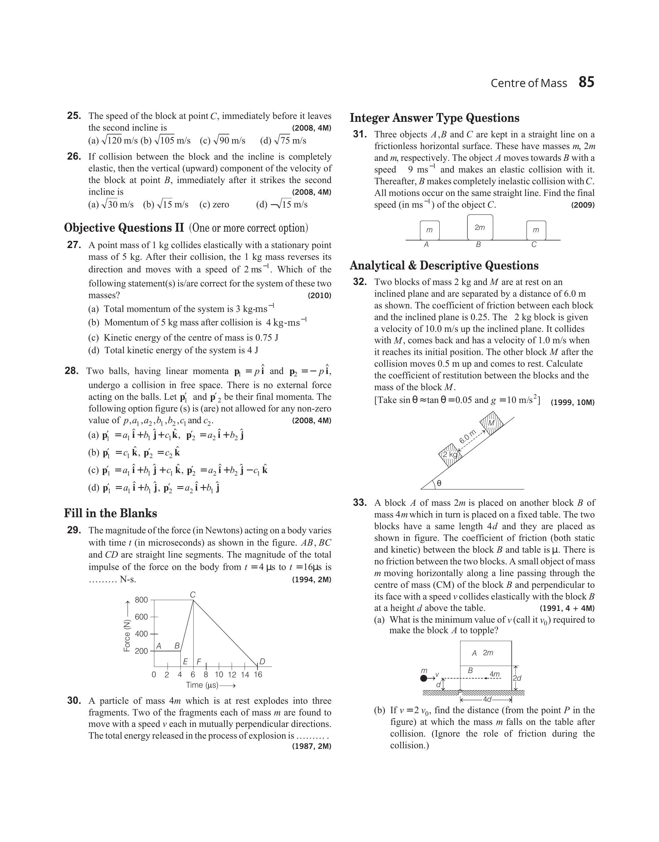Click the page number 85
(586, 82)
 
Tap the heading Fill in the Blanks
(110, 513)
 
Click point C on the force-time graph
(193, 595)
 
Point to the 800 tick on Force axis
(141, 600)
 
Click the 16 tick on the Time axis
(258, 674)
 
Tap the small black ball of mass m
(424, 678)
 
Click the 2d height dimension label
(517, 678)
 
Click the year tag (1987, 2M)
(312, 746)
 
